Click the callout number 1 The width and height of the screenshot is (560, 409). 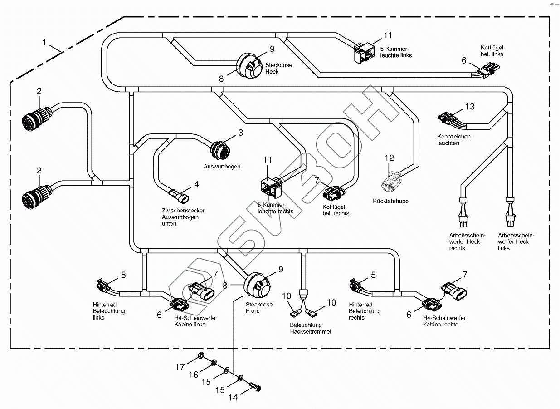[44, 43]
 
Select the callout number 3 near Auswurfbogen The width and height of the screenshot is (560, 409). [240, 133]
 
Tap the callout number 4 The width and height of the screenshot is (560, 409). [196, 184]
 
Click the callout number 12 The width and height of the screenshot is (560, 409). [390, 158]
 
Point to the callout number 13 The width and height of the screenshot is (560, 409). [470, 107]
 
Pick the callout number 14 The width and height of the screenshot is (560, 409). [233, 398]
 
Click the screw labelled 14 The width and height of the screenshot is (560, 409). [257, 387]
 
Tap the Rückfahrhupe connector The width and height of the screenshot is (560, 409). [391, 181]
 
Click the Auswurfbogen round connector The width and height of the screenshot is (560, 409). [220, 148]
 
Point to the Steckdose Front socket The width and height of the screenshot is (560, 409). [257, 285]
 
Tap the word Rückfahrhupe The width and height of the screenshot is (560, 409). [390, 201]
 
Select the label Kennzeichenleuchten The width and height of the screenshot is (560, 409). [454, 140]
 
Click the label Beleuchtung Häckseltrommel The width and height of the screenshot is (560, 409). [310, 328]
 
